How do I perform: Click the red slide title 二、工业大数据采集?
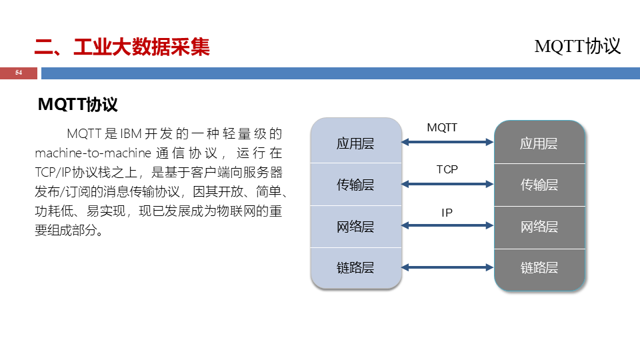pos(122,47)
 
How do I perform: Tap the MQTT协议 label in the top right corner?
pos(577,46)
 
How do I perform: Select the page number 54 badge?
pos(19,73)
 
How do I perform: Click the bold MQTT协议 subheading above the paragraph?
pos(78,105)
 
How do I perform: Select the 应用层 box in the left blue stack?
pos(355,143)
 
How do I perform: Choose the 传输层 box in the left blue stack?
pos(355,185)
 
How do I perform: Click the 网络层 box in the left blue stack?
pos(355,227)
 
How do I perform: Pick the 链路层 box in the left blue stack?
pos(355,267)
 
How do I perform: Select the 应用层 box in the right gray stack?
pos(539,143)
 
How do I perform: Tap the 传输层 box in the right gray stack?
pos(539,185)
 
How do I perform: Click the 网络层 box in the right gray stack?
pos(539,227)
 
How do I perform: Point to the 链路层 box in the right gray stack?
pos(539,267)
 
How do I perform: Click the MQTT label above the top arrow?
pos(442,127)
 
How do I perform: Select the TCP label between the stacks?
pos(447,169)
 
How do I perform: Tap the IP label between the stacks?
pos(447,213)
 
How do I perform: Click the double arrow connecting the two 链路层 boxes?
pos(447,267)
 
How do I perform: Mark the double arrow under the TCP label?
pos(447,183)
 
